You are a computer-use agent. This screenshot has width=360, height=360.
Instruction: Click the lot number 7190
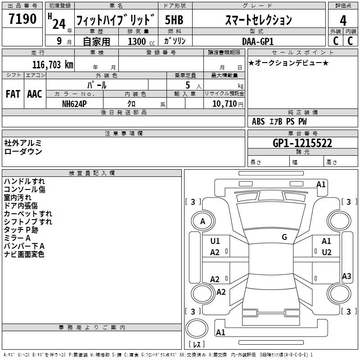coord(23,19)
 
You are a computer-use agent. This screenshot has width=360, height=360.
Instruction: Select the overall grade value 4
coord(343,21)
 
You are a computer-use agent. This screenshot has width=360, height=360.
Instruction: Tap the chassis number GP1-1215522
coord(302,143)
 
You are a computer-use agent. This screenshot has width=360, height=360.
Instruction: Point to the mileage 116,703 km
coord(53,64)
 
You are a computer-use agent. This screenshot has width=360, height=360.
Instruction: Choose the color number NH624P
coord(75,103)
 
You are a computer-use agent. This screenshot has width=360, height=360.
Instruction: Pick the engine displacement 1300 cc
coord(139,41)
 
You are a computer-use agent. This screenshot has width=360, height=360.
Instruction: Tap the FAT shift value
coord(13,94)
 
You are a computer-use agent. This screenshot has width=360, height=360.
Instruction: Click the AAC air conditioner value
coord(34,94)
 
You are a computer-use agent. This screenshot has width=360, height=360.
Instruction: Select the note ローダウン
coord(23,152)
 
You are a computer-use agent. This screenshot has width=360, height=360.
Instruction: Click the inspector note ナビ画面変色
coord(24,255)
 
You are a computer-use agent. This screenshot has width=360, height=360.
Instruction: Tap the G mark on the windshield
coord(284,237)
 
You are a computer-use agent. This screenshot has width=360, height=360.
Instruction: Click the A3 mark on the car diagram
coord(346,276)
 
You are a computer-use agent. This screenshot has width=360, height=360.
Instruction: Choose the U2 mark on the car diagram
coord(326,252)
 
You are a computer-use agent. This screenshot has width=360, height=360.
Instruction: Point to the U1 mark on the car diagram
coord(215,241)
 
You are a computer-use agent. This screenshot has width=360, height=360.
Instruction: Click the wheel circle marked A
coord(202,221)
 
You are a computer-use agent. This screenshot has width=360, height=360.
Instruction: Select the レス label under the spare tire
coord(197,344)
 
